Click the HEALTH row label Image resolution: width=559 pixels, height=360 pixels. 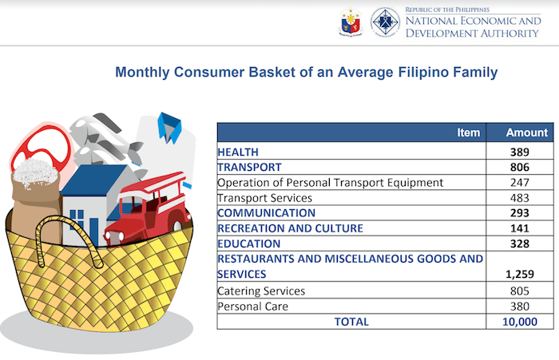[240, 152]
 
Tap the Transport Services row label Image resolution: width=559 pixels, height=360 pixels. [264, 197]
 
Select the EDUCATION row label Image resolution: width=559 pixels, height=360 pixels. [249, 243]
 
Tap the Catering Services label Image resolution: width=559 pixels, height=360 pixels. [261, 291]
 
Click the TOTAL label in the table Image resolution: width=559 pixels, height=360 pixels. [351, 321]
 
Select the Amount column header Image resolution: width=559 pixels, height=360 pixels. [527, 133]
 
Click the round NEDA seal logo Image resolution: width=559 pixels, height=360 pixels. [385, 23]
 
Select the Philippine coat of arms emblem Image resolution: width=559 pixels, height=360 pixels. [350, 23]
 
